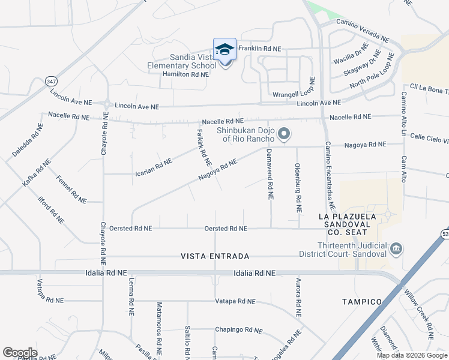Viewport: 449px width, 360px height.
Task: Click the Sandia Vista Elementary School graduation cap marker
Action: click(225, 50)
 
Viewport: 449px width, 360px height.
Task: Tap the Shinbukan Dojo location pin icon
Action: click(285, 133)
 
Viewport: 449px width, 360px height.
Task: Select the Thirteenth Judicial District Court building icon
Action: click(396, 248)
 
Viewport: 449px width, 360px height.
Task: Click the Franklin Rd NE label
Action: click(260, 49)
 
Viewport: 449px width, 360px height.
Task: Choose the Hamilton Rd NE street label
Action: click(185, 74)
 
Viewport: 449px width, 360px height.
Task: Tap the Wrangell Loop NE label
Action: click(294, 95)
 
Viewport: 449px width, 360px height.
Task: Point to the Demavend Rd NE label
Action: click(270, 174)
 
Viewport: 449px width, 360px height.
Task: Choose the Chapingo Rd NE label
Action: click(239, 330)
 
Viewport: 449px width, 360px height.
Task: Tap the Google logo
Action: click(20, 353)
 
